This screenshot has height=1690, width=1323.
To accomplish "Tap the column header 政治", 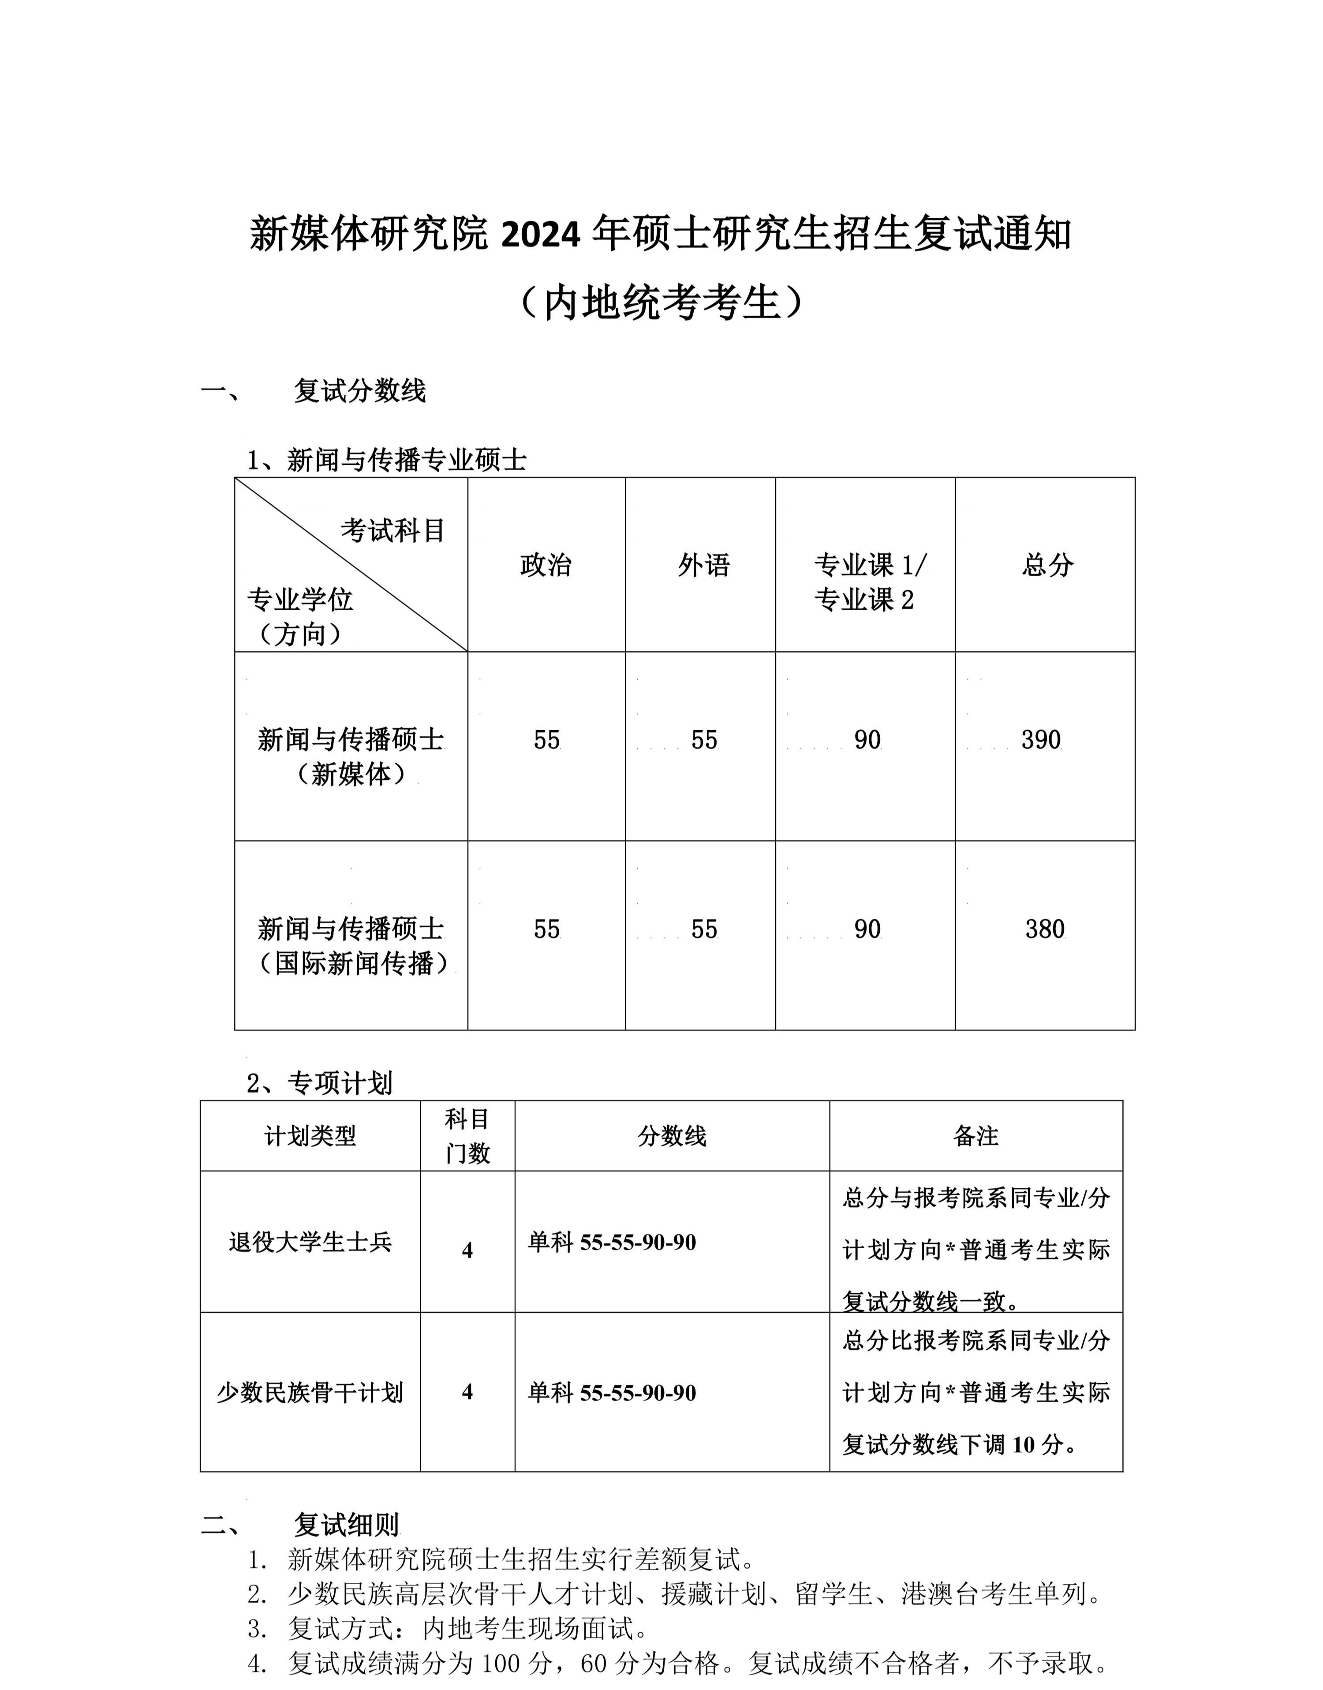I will pos(546,565).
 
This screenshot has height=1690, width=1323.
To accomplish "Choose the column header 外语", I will pos(703,565).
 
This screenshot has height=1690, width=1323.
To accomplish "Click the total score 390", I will pos(1040,740).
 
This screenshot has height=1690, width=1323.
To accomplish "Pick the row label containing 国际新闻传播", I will pos(352,946).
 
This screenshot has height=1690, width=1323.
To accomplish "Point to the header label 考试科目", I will pos(393,530).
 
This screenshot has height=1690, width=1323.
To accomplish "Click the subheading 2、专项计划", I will pos(319,1083).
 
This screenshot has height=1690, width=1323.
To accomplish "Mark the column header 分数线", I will pos(672,1136).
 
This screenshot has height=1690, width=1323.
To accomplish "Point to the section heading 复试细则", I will pos(346,1525).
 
